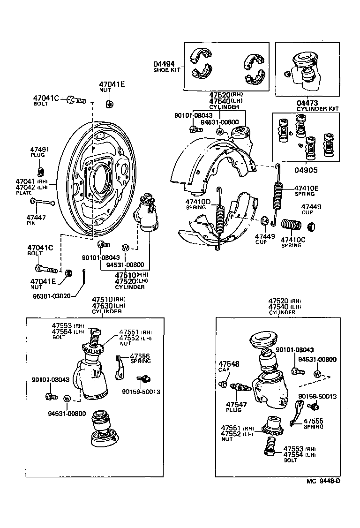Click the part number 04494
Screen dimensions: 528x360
(164, 64)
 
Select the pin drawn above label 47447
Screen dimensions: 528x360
(43, 202)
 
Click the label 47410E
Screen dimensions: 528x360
(306, 189)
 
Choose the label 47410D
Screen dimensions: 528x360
(199, 202)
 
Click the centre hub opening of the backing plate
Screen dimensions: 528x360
(101, 178)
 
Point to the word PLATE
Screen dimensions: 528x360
(23, 193)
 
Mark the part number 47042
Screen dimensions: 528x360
(25, 187)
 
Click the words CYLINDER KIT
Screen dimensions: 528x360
(318, 109)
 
